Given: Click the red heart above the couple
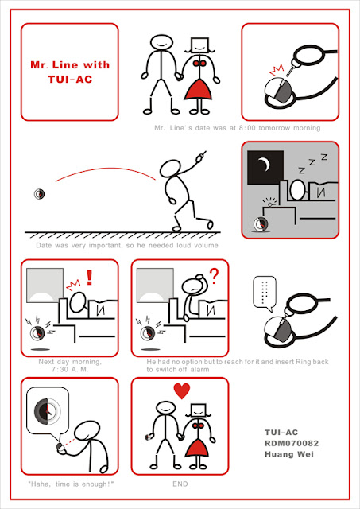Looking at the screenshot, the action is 182,390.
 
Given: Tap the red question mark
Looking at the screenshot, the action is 214,276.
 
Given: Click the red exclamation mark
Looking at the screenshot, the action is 90,278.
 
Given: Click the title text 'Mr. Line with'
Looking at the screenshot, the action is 70,64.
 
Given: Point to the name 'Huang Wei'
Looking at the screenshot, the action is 289,454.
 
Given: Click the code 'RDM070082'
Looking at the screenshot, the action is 292,443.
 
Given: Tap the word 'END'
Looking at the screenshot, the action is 180,484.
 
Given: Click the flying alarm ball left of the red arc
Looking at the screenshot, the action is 39,194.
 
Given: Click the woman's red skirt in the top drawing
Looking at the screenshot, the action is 198,89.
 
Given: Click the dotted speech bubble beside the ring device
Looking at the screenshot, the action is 265,292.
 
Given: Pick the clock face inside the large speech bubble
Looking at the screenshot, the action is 48,410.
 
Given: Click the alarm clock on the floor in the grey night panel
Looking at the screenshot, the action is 261,224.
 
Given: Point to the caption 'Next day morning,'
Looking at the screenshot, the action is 70,362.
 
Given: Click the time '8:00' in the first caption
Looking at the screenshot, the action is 247,128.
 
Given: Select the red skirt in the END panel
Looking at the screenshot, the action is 198,447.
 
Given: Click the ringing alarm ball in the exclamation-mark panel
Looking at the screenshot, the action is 37,333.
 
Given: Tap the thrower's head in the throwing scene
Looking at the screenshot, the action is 170,169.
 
